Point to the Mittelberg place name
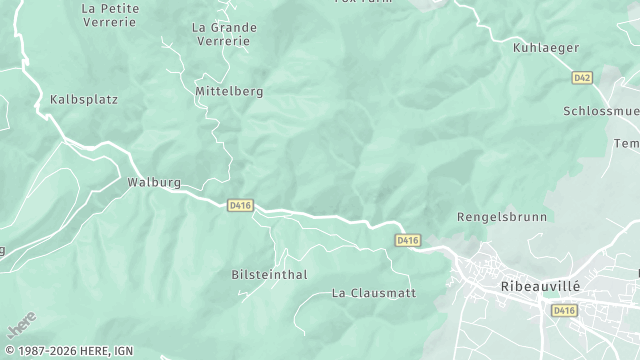(229, 91)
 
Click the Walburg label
(153, 183)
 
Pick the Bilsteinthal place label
(269, 274)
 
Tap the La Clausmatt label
(373, 293)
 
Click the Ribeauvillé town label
(539, 285)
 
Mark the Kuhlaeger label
(546, 47)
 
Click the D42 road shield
(582, 77)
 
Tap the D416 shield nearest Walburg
(240, 205)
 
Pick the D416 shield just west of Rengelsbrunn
(407, 240)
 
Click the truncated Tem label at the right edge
(627, 144)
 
